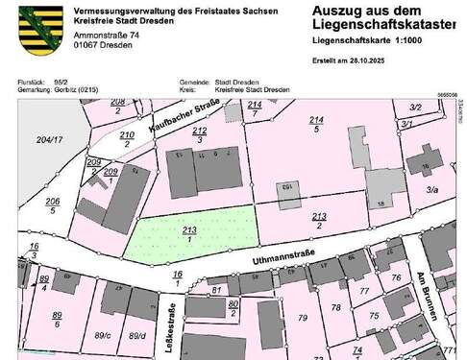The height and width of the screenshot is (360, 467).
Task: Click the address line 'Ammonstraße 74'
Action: pos(104,34)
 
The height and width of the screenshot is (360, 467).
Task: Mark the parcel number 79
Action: pos(304,318)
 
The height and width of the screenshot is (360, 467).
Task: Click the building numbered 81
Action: pos(217,289)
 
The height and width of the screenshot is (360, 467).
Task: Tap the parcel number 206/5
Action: pos(53,204)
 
